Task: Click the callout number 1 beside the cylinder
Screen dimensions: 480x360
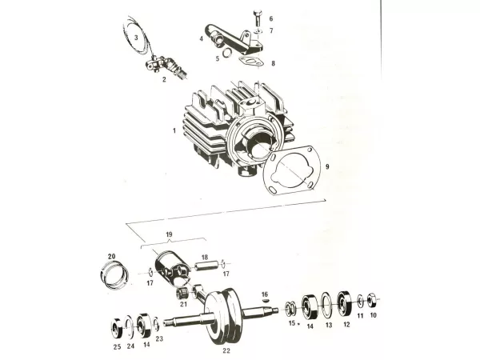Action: [174, 130]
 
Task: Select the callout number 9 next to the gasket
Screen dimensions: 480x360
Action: [327, 166]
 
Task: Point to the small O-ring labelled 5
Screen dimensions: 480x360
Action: [227, 53]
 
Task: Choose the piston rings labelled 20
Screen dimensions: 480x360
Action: [114, 274]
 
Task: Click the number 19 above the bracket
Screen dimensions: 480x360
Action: [169, 234]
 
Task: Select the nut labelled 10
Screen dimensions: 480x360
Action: [372, 299]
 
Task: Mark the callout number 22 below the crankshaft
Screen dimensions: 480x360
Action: [226, 350]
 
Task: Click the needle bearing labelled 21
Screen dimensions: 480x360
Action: [182, 294]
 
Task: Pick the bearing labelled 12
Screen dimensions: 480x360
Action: [344, 303]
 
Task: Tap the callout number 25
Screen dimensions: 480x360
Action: [118, 347]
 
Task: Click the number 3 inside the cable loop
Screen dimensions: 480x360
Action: [136, 38]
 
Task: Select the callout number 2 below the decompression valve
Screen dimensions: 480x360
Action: [164, 79]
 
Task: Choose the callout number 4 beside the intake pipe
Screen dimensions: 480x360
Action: [202, 39]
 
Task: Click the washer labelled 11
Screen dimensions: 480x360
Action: [360, 301]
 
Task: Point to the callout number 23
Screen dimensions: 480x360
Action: [159, 339]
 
